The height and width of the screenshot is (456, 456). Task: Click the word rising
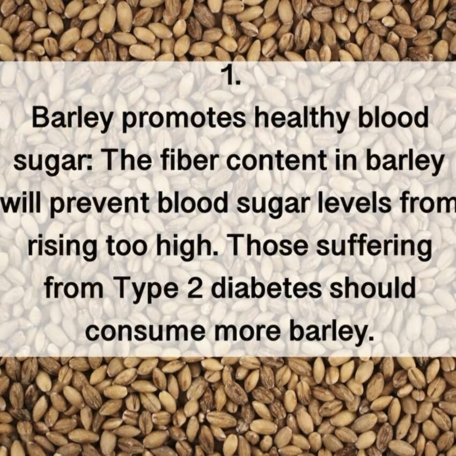click(x=62, y=246)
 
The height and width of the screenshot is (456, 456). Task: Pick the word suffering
click(x=374, y=246)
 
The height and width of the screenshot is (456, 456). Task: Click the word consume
click(x=145, y=332)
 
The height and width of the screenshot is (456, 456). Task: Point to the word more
click(x=247, y=332)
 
